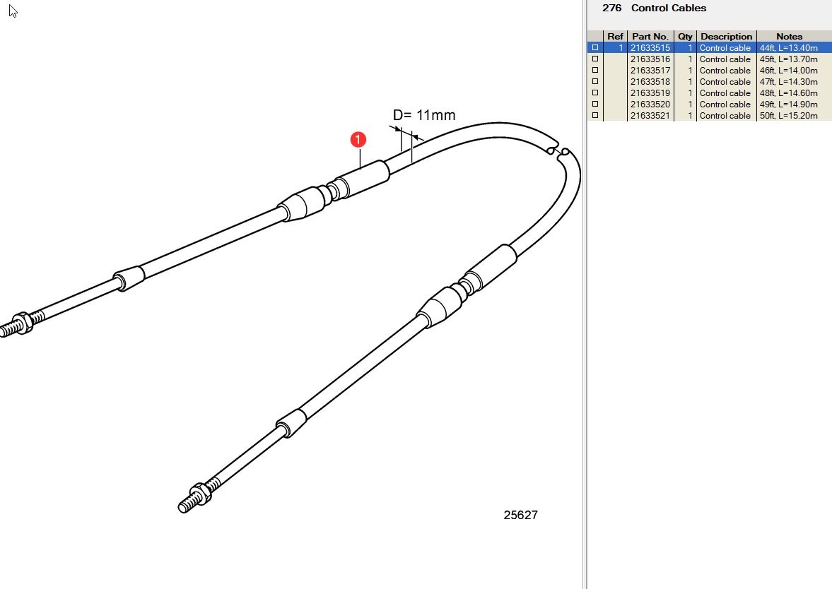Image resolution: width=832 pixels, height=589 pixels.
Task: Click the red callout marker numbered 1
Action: click(x=358, y=139)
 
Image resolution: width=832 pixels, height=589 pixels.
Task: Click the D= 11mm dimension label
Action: click(x=424, y=115)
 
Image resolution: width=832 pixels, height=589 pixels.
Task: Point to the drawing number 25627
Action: click(x=520, y=515)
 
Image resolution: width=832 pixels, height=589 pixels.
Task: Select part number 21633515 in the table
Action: click(x=650, y=48)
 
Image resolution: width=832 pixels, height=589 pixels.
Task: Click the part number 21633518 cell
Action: click(x=650, y=82)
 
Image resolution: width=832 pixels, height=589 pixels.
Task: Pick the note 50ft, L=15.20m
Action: click(x=788, y=116)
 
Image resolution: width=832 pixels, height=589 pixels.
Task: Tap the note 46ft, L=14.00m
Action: click(x=788, y=71)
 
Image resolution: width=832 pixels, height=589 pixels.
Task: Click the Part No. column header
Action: click(x=650, y=37)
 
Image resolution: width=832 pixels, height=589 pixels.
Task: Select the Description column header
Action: click(x=726, y=37)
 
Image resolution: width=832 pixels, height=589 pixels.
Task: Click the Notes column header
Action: click(x=789, y=37)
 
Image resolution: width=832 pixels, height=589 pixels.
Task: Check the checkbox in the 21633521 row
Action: click(x=595, y=115)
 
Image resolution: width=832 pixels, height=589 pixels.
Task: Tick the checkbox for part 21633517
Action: click(x=595, y=70)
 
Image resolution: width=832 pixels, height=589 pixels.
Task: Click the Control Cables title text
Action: click(x=668, y=8)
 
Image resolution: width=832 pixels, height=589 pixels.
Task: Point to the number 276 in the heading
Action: click(x=611, y=8)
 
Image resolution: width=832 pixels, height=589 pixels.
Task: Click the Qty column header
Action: click(x=685, y=37)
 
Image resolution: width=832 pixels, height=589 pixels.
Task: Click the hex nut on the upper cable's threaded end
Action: click(x=20, y=323)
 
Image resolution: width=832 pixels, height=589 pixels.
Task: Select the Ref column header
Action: click(x=615, y=37)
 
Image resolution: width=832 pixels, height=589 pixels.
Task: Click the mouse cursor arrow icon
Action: click(x=13, y=11)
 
